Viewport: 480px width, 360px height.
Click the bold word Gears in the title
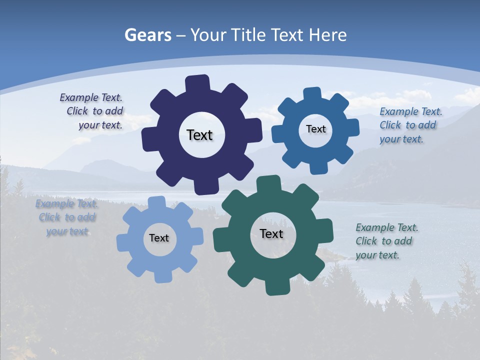pyautogui.click(x=147, y=35)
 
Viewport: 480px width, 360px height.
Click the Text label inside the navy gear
pyautogui.click(x=199, y=135)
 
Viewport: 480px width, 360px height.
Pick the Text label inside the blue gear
pyautogui.click(x=315, y=129)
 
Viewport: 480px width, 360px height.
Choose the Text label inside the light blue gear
pyautogui.click(x=159, y=238)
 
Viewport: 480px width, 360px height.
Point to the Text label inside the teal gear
pyautogui.click(x=271, y=233)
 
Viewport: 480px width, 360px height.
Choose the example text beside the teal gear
pyautogui.click(x=384, y=241)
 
